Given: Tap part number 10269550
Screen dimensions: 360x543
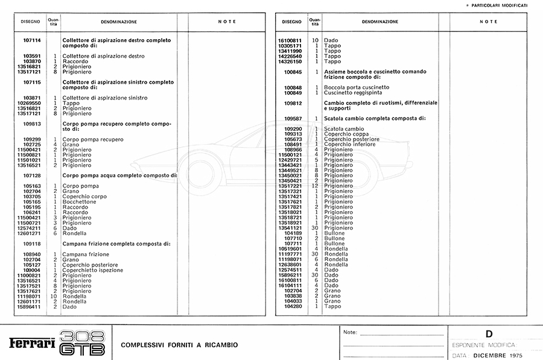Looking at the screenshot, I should [x=29, y=103].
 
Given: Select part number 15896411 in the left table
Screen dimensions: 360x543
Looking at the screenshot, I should [x=29, y=307].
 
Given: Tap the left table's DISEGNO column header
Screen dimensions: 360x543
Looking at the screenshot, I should [x=30, y=22].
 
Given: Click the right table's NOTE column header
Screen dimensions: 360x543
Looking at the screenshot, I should [x=488, y=22].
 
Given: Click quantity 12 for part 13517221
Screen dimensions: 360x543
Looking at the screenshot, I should [x=315, y=186].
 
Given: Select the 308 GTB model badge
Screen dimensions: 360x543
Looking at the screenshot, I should [x=83, y=343].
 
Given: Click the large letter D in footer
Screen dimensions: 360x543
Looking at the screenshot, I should [x=489, y=333].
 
